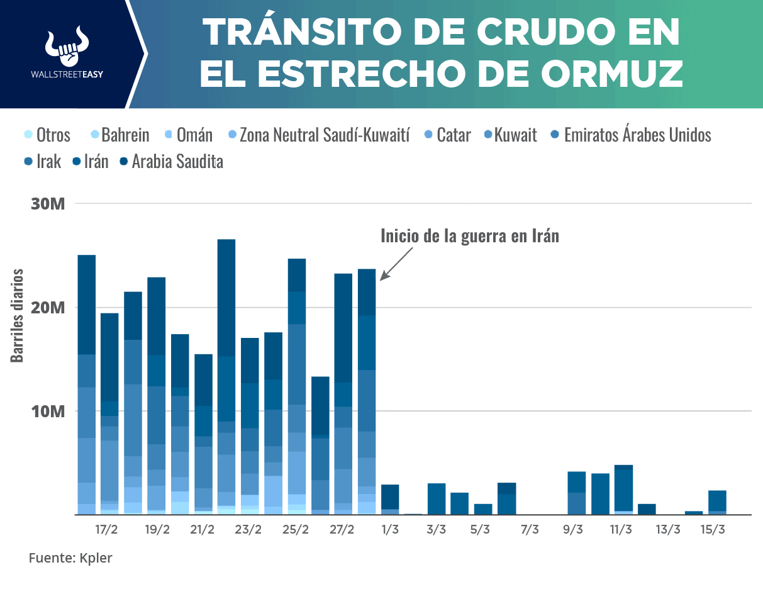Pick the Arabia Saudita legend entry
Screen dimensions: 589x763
(x=171, y=162)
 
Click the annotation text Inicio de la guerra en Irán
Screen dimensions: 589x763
(x=469, y=236)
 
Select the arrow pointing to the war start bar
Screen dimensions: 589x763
(x=396, y=263)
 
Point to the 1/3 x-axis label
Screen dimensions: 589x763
(x=390, y=529)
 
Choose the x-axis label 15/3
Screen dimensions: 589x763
(x=713, y=529)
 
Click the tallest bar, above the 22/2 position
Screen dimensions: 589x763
(x=226, y=378)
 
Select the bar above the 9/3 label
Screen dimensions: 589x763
(x=577, y=493)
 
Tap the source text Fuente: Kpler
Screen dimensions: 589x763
(x=70, y=558)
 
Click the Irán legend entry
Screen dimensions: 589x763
(x=91, y=162)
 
